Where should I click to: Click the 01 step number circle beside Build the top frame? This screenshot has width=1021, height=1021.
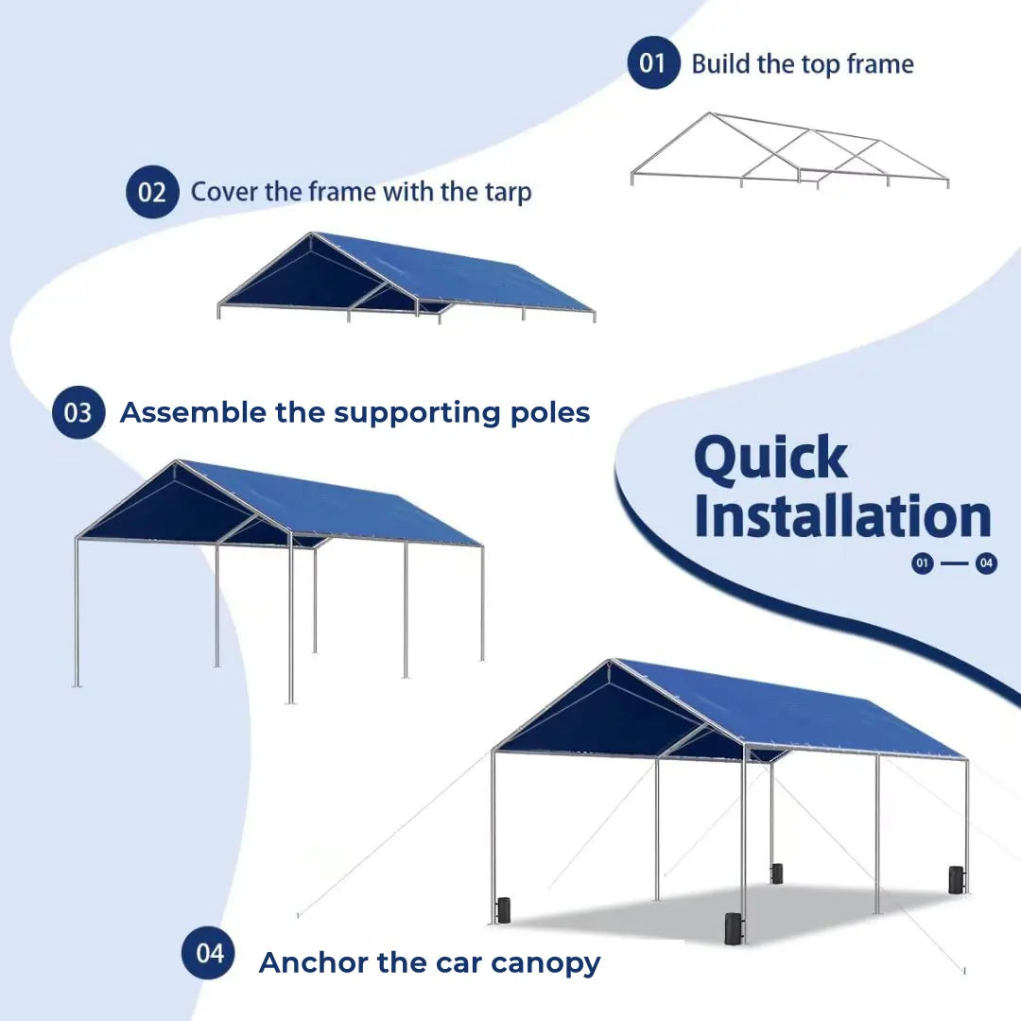(653, 63)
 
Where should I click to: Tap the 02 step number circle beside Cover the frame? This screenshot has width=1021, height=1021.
(152, 192)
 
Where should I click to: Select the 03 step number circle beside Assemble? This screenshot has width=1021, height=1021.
(78, 413)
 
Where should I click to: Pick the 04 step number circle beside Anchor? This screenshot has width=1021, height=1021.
(208, 953)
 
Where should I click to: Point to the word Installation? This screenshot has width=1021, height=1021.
(842, 516)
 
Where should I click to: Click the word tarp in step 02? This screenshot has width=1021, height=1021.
(506, 192)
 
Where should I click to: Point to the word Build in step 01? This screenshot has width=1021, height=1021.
(720, 64)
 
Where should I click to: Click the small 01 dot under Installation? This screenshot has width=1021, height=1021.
(923, 564)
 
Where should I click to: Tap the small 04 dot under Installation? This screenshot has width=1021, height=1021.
(986, 564)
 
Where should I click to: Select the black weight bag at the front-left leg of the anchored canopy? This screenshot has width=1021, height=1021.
(502, 909)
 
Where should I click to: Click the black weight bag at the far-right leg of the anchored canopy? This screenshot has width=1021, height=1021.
(956, 879)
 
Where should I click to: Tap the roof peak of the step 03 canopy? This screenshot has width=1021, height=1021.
(177, 462)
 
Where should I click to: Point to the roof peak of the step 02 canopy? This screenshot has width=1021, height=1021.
(313, 234)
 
